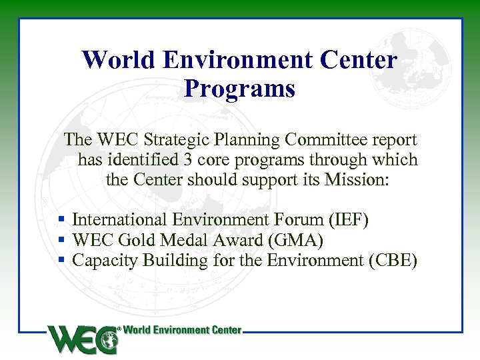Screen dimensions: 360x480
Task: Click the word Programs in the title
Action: pyautogui.click(x=239, y=89)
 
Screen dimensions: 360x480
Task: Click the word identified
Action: pyautogui.click(x=143, y=160)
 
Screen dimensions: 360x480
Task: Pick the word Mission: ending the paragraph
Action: pyautogui.click(x=356, y=180)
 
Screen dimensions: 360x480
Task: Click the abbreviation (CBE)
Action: pyautogui.click(x=393, y=260)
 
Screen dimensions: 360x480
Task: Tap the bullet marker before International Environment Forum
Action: pyautogui.click(x=61, y=219)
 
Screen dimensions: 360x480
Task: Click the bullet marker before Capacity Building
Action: pyautogui.click(x=61, y=259)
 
